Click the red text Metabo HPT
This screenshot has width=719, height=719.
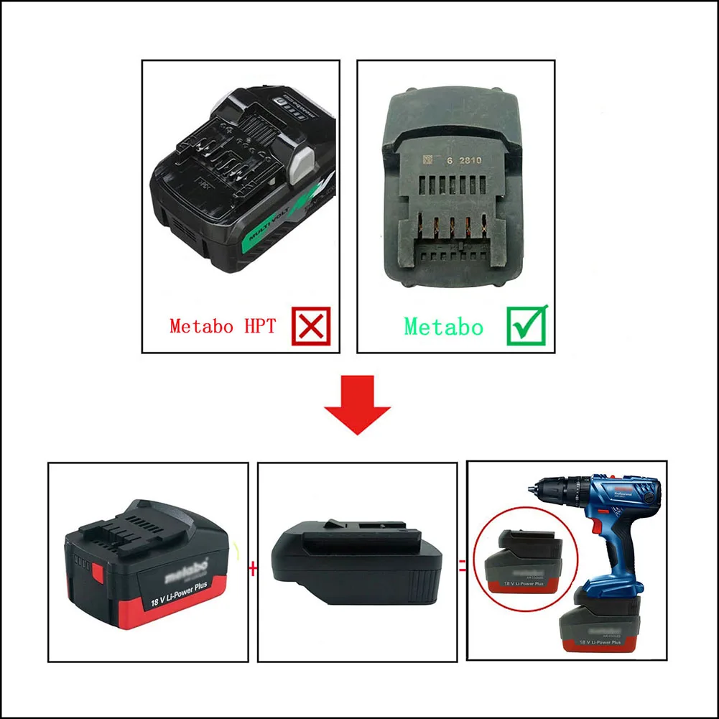click(x=223, y=326)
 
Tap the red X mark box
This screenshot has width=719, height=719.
click(x=311, y=326)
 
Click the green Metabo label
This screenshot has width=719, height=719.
click(x=443, y=327)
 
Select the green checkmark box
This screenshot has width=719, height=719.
click(x=527, y=325)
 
